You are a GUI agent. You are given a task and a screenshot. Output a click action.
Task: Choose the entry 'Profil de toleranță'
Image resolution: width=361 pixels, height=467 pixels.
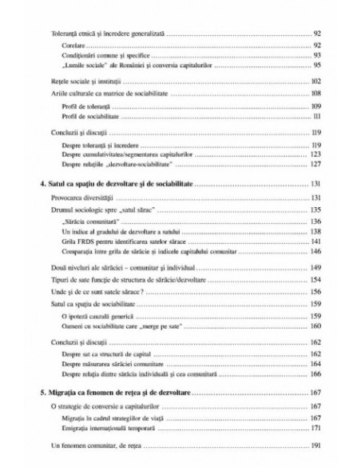(84, 106)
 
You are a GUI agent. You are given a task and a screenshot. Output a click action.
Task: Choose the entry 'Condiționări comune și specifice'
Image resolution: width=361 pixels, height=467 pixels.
(100, 55)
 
